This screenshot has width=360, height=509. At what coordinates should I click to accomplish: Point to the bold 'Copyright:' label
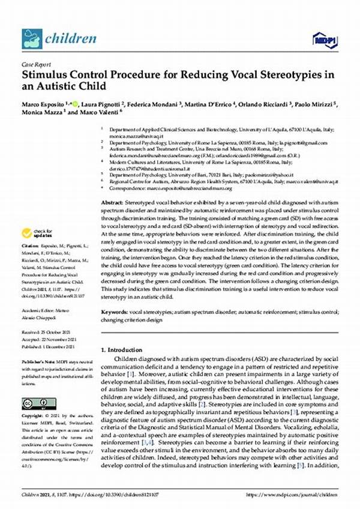[32, 423]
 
